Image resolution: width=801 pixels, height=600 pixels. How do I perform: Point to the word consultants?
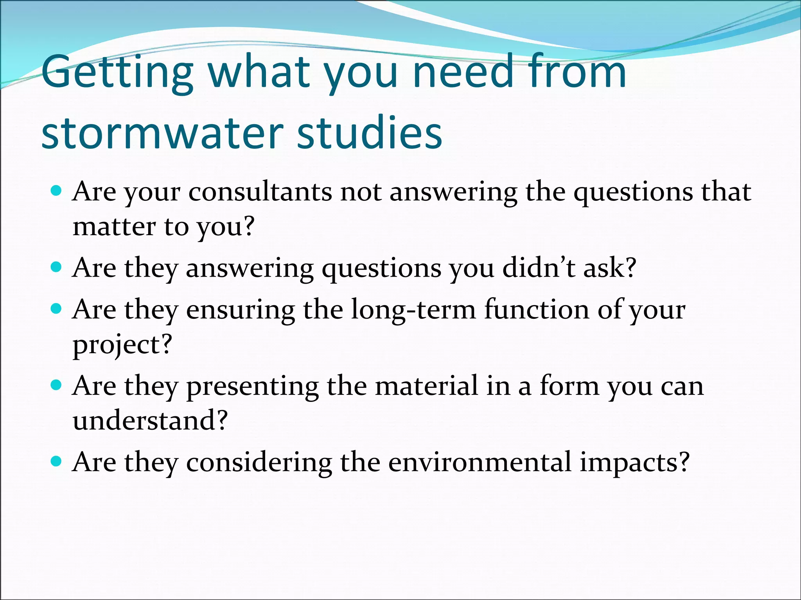(x=260, y=192)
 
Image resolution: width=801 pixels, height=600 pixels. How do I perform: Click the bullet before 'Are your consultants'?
(x=57, y=191)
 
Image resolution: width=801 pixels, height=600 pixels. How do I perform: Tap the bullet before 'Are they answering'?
(x=57, y=267)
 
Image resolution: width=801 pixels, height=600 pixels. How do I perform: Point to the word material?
(x=426, y=386)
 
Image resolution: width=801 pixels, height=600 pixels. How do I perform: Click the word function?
(x=536, y=310)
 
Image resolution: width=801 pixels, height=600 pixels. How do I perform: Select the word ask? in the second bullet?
(x=610, y=268)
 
